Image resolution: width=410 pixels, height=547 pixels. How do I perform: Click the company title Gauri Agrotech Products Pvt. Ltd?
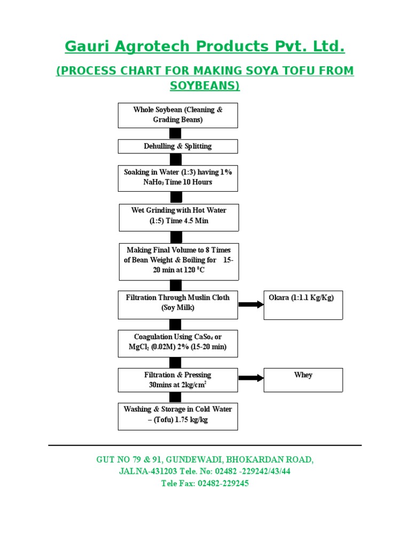click(204, 47)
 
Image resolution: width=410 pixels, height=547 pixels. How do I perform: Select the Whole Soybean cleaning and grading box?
click(178, 115)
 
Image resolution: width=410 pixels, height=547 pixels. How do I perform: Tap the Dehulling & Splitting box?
click(178, 146)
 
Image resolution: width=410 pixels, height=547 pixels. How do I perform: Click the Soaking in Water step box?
click(178, 178)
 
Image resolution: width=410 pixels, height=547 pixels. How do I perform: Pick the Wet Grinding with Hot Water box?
click(178, 216)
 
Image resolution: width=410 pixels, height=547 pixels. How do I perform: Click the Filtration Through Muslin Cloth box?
click(178, 304)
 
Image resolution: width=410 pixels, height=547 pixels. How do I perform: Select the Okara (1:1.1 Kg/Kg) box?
click(303, 304)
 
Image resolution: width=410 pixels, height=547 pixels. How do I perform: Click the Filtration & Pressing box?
click(178, 380)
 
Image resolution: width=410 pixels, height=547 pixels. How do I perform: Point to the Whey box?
click(303, 380)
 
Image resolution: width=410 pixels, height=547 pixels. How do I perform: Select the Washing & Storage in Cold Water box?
click(178, 416)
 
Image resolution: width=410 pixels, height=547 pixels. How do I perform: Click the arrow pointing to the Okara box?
click(251, 304)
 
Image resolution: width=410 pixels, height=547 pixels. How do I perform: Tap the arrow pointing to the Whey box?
click(251, 378)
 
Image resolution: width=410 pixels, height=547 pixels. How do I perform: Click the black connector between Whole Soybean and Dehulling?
click(175, 134)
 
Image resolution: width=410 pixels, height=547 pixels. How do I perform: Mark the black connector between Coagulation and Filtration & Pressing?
click(175, 363)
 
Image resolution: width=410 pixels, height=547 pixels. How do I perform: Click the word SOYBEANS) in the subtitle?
click(204, 85)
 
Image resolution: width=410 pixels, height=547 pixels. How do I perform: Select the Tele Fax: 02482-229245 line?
click(204, 483)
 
